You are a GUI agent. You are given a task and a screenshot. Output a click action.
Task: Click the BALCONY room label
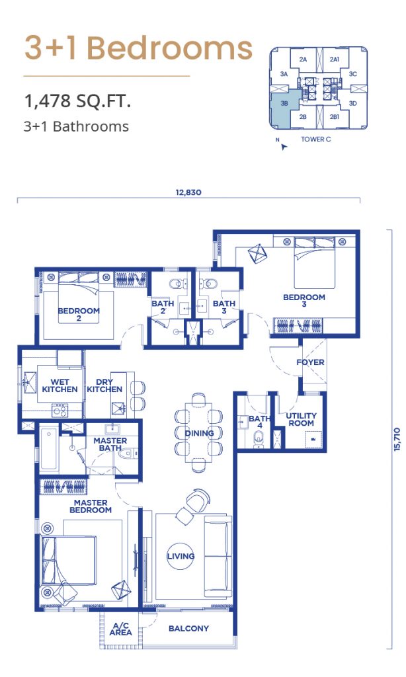point(188,628)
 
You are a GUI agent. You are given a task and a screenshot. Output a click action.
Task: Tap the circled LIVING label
point(181,556)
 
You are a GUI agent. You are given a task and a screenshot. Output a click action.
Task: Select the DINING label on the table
point(199,433)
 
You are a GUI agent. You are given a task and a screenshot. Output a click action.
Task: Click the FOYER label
point(310,362)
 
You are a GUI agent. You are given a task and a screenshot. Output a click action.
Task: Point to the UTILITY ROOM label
point(301,419)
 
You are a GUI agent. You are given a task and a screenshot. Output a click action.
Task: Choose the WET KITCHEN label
point(60,385)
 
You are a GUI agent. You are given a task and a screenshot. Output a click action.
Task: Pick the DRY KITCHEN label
point(104,385)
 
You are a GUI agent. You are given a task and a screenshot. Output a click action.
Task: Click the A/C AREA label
point(120,629)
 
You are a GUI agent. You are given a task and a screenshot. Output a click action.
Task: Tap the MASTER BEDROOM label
point(91,506)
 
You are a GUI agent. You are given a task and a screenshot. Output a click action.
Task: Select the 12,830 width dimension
point(188,192)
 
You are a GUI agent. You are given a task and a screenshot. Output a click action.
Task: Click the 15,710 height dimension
point(397,440)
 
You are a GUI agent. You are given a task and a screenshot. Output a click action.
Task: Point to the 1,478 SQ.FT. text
point(78,101)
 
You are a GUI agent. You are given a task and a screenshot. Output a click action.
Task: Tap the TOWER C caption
point(315,139)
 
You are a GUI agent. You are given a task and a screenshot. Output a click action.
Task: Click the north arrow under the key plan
point(283,147)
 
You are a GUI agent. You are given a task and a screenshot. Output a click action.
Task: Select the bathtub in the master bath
point(48,449)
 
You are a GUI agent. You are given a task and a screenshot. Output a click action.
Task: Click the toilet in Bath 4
point(259,440)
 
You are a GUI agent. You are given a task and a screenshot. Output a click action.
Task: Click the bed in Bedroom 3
point(315,263)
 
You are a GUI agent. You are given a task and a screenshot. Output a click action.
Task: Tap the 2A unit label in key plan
point(304,60)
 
